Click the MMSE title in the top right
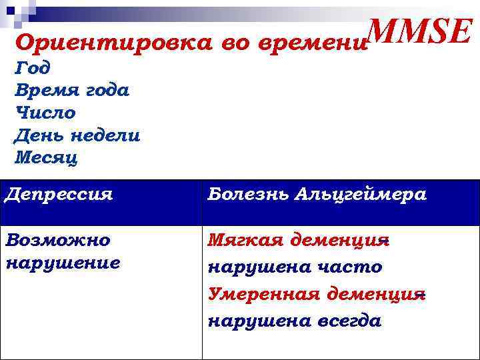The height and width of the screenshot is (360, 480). tap(420, 33)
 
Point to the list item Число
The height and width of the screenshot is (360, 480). tap(45, 113)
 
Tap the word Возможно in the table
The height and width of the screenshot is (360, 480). tap(57, 240)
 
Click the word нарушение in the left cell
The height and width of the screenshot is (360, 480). tap(63, 262)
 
